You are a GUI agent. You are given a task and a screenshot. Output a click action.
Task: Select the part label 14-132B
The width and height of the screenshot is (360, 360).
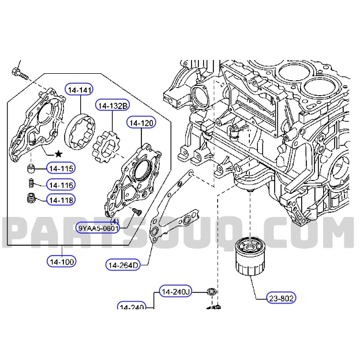click(x=112, y=106)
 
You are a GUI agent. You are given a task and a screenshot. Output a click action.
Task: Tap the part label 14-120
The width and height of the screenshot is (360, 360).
click(x=141, y=123)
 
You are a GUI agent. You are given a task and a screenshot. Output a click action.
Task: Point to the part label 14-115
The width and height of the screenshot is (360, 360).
click(x=61, y=169)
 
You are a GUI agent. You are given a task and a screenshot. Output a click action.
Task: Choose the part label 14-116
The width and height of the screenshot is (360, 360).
click(x=61, y=185)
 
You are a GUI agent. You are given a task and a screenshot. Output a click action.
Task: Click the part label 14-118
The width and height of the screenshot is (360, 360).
click(x=61, y=200)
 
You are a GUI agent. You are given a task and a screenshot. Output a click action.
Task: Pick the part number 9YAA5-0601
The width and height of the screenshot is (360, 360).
click(x=98, y=228)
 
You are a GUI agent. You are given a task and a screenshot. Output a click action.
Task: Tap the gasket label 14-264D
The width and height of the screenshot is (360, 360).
click(x=123, y=265)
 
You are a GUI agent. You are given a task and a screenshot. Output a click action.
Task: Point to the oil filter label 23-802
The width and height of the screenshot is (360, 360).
click(x=281, y=298)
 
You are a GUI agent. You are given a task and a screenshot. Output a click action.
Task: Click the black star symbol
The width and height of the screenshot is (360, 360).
click(x=58, y=155)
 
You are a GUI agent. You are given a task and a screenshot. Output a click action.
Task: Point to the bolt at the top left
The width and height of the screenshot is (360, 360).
click(x=17, y=73)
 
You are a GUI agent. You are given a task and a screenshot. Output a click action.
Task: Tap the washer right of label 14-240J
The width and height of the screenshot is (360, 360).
click(x=212, y=292)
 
